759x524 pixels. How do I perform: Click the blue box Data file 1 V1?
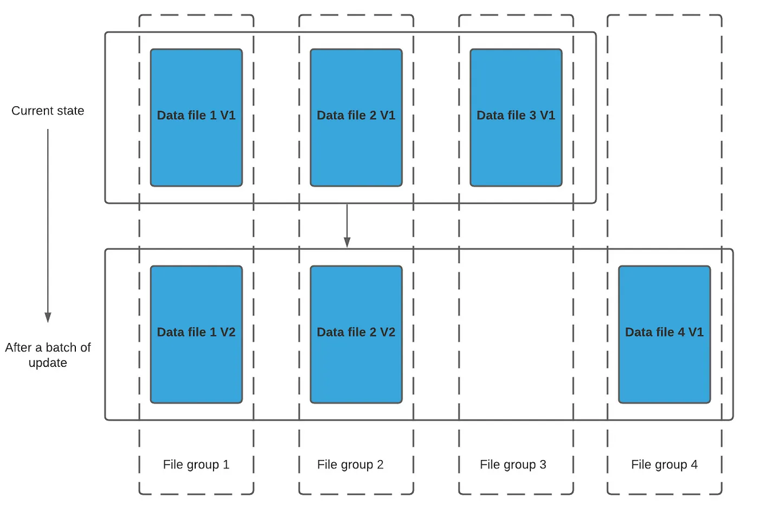196,118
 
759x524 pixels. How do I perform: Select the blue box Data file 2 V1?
357,118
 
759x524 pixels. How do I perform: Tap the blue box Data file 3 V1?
516,118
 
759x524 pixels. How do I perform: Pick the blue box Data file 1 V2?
196,334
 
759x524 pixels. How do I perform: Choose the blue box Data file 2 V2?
357,334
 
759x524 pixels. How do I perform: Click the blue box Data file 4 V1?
665,334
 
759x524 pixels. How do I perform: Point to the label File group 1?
196,465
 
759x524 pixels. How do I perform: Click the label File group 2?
350,465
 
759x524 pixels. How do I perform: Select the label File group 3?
513,465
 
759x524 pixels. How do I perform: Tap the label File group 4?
665,465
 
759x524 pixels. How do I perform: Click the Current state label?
48,111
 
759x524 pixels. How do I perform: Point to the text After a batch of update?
48,355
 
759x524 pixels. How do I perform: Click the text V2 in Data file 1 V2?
227,332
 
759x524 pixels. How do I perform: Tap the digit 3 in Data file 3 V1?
532,115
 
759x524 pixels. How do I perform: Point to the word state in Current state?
68,111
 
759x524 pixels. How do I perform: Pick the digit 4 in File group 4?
694,464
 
